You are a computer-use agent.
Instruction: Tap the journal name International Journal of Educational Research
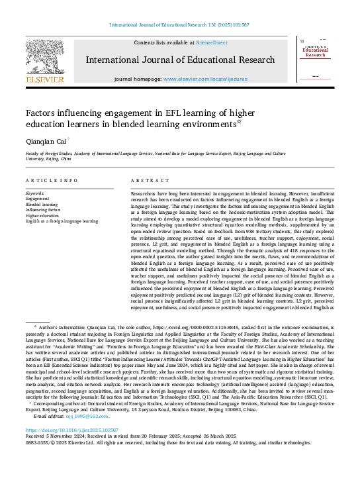tap(180, 60)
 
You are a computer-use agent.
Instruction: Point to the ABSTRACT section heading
tap(145, 181)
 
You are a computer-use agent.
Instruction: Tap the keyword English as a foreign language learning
tap(62, 221)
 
